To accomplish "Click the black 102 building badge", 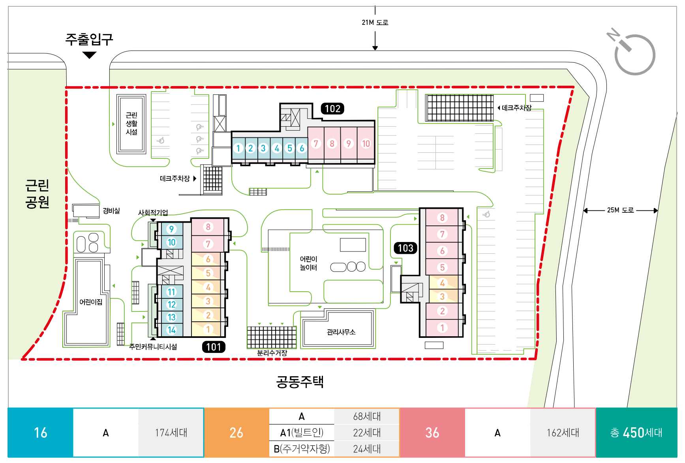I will [x=332, y=109].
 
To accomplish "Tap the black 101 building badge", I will [x=214, y=347].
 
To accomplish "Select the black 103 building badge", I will [x=405, y=248].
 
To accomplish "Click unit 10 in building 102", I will [x=366, y=144].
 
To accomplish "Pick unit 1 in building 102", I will [x=238, y=148].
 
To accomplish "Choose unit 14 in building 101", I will [x=171, y=330].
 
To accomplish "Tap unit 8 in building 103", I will [x=442, y=217].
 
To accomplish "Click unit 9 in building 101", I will [x=171, y=229].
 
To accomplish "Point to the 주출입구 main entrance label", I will [x=89, y=39].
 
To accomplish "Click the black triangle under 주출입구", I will [x=90, y=55].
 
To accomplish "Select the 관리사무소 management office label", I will [x=341, y=332].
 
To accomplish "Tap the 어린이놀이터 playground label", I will [x=308, y=263].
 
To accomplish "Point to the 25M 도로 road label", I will [x=620, y=210].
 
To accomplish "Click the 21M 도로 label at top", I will [x=375, y=22].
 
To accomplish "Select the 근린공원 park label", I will [x=37, y=193].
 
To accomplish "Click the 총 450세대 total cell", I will [x=636, y=433].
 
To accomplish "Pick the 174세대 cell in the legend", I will [x=171, y=433].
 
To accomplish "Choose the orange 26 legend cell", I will [x=236, y=433].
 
